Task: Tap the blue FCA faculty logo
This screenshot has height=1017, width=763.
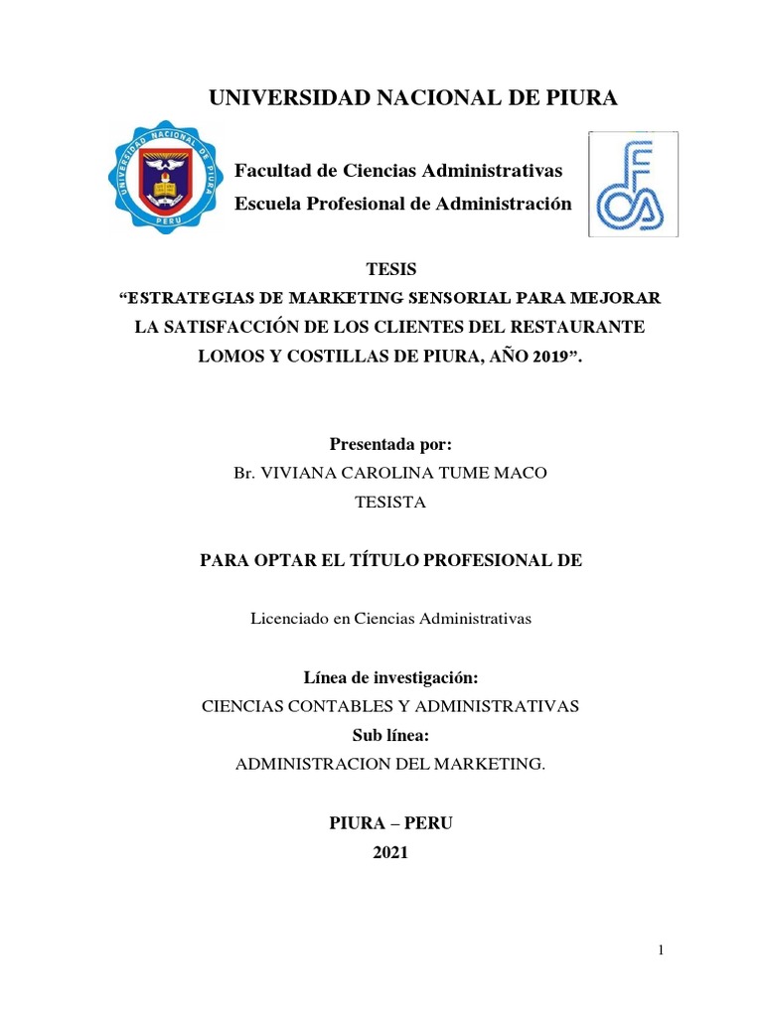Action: coord(633,184)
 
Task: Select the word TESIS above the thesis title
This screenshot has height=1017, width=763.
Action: coord(391,269)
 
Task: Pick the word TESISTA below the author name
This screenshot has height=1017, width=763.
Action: coord(390,502)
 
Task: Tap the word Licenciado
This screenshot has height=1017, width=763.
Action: coord(289,618)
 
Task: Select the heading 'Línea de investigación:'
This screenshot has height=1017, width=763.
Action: coord(390,677)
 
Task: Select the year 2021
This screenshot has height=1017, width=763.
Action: coord(390,852)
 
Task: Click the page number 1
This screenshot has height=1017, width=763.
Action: coord(661,951)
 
